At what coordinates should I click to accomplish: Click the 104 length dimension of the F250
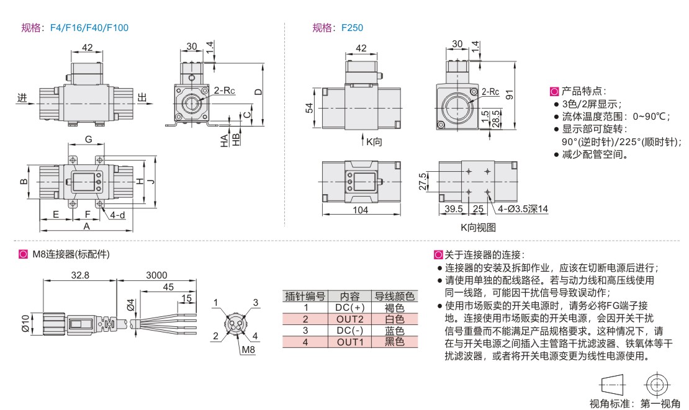(x=360, y=210)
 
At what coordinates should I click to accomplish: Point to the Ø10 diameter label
(x=25, y=323)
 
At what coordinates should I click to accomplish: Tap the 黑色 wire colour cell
(x=395, y=341)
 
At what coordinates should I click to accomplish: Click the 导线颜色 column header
(x=395, y=296)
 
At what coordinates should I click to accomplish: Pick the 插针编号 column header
(x=305, y=296)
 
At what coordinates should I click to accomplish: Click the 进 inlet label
(x=23, y=97)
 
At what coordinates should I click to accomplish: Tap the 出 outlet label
(x=143, y=97)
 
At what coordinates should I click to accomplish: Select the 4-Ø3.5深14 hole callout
(x=523, y=210)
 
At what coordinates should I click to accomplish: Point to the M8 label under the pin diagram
(x=248, y=349)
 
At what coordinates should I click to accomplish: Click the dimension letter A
(x=86, y=226)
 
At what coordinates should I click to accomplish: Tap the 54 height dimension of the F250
(x=309, y=108)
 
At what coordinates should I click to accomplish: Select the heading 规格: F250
(x=338, y=27)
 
